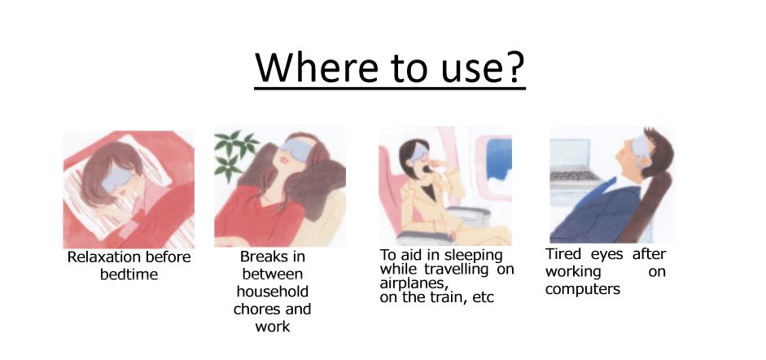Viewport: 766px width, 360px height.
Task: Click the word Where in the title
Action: (x=317, y=67)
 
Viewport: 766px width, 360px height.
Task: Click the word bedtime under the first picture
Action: (x=129, y=274)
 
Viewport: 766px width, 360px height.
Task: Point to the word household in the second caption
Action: (x=272, y=292)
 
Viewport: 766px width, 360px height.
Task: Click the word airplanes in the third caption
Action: (x=414, y=284)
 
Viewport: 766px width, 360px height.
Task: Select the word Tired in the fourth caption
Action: (x=563, y=254)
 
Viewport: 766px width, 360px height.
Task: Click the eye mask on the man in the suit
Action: (x=641, y=147)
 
